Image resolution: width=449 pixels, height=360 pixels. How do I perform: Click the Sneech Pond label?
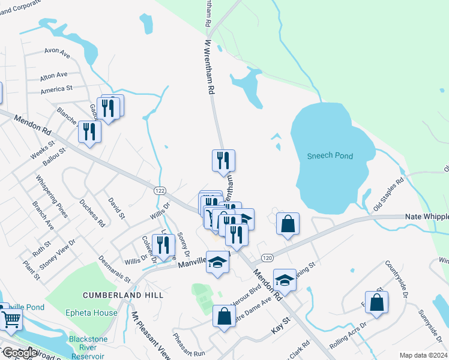330,156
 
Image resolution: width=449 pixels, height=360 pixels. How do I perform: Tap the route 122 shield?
159,190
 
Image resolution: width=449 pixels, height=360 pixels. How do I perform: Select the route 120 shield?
267,257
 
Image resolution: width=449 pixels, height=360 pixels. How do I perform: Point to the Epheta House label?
92,313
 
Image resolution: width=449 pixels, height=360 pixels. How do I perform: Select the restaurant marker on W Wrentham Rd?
223,160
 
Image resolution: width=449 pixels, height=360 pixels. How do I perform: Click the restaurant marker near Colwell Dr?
163,245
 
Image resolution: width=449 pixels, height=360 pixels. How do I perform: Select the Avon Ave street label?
57,53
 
